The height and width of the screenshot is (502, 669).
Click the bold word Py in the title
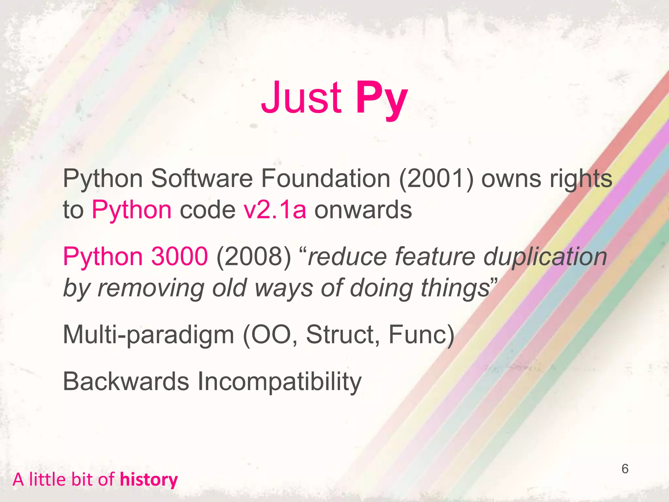point(382,98)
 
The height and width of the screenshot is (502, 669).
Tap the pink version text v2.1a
point(275,210)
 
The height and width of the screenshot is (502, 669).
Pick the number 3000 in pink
point(179,257)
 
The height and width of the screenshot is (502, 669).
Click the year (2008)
point(253,257)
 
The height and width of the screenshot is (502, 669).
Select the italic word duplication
point(545,257)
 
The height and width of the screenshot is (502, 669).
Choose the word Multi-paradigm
point(148,335)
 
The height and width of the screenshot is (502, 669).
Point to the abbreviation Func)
point(421,335)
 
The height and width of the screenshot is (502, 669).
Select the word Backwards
point(126,381)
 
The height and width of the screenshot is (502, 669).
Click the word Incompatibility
point(280,381)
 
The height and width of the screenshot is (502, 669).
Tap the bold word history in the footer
point(149,479)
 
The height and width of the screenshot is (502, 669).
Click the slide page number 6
point(625,469)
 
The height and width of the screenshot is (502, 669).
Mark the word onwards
point(363,210)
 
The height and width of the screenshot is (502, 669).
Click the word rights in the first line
point(580,179)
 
